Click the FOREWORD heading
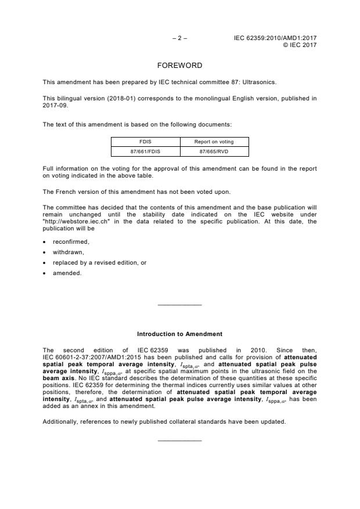coord(179,66)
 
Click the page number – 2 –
coord(179,38)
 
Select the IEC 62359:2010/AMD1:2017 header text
coord(275,38)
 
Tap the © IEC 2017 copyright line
coord(300,45)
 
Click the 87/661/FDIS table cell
coord(145,151)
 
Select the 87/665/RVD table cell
coord(214,151)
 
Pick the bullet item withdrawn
coord(67,252)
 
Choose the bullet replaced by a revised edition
coord(99,262)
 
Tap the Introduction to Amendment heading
coord(179,334)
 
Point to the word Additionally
coord(61,421)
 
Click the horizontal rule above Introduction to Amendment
coord(179,305)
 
